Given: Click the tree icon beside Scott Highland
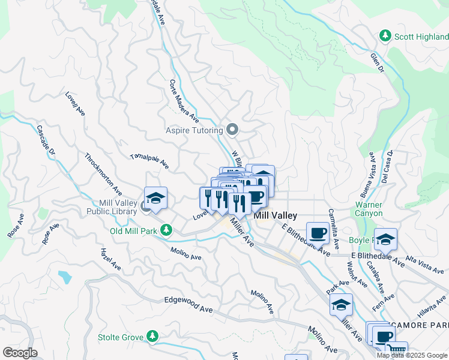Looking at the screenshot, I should (385, 36).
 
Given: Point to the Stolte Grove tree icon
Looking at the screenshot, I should (153, 336).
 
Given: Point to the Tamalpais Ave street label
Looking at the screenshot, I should (149, 160).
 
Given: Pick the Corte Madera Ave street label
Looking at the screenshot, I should (184, 100).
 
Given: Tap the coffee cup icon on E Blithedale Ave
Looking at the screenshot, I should (318, 232).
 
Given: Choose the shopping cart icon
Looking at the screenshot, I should (396, 350).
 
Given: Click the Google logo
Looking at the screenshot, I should (20, 353).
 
